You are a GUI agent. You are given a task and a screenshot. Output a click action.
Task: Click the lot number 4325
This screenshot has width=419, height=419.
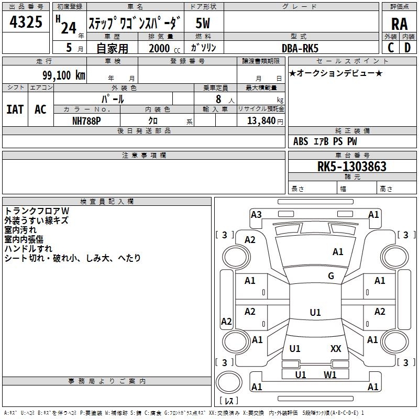pyautogui.click(x=26, y=21)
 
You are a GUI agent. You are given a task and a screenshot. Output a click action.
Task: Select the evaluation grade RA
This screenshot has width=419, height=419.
pyautogui.click(x=399, y=24)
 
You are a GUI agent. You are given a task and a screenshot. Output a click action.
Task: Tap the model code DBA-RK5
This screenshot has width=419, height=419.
pyautogui.click(x=300, y=48)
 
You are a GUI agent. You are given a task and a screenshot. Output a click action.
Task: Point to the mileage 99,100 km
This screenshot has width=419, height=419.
pyautogui.click(x=64, y=75)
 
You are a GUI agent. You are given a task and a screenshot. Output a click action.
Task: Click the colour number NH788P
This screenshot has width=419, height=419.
pyautogui.click(x=86, y=121)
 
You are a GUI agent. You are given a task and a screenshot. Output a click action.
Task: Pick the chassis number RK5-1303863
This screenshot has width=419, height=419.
pyautogui.click(x=351, y=166)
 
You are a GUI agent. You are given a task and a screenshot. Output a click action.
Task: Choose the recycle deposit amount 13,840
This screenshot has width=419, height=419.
pyautogui.click(x=261, y=120)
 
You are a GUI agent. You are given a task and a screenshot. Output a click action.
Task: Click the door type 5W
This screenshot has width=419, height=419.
pyautogui.click(x=203, y=23)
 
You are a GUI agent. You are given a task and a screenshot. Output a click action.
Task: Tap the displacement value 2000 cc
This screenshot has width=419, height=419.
pyautogui.click(x=164, y=48)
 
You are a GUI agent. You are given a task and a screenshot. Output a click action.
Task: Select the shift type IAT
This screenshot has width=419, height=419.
pyautogui.click(x=15, y=109)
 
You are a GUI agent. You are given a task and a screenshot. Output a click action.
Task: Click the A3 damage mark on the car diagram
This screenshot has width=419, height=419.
pyautogui.click(x=256, y=215)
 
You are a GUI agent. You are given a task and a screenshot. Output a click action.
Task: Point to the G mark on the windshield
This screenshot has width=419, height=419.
pyautogui.click(x=331, y=276)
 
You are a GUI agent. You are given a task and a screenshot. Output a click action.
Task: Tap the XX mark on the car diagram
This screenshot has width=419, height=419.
pyautogui.click(x=336, y=348)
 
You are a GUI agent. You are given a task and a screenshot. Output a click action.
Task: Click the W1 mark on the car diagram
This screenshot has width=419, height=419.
pyautogui.click(x=330, y=374)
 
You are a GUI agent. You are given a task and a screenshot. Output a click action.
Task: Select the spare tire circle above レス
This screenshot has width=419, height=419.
pyautogui.click(x=229, y=382)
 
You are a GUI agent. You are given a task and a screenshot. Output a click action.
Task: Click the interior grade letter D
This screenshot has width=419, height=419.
pyautogui.click(x=407, y=48)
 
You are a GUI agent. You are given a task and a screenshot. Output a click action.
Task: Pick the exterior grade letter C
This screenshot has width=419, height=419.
pyautogui.click(x=391, y=48)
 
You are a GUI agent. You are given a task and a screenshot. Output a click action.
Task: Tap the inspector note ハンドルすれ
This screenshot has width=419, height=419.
pyautogui.click(x=28, y=248)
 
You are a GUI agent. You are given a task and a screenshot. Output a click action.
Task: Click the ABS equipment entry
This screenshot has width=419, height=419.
pyautogui.click(x=301, y=141)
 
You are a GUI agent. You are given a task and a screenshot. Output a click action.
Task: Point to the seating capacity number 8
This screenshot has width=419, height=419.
pyautogui.click(x=218, y=99)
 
